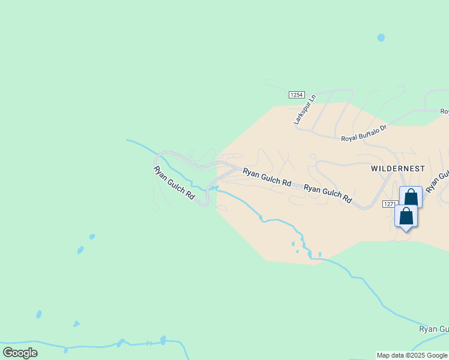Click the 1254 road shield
297,95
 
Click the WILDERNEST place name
398,169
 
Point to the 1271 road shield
390,204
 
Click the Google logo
20,353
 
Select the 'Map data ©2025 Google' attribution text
412,356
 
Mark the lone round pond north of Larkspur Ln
381,37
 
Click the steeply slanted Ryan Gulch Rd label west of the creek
175,183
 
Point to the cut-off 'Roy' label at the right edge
444,111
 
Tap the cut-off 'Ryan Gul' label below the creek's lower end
433,329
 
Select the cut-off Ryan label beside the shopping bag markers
438,182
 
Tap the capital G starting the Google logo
8,353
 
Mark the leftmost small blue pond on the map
39,314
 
